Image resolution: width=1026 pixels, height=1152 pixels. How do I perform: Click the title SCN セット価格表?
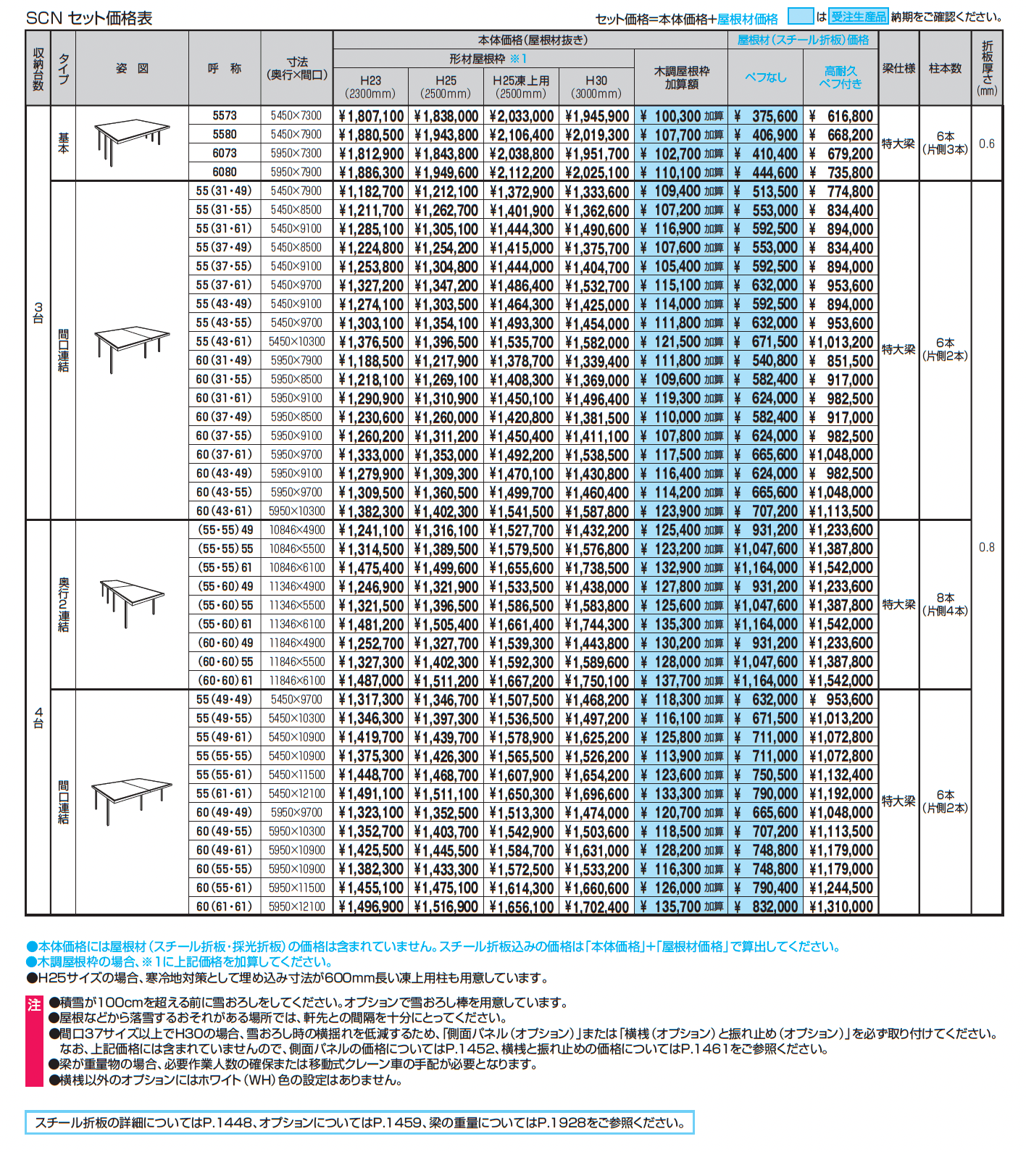tap(89, 18)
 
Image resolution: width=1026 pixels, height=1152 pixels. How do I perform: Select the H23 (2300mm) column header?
tap(370, 86)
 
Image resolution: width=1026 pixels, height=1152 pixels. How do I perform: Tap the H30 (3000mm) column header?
tap(596, 86)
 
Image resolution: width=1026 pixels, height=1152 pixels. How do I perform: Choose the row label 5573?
tap(225, 116)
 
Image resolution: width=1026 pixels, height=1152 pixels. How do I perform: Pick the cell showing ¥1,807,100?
tap(371, 116)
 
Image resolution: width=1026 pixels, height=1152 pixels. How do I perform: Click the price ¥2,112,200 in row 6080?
tap(521, 172)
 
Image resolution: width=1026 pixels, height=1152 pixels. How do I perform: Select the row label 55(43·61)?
tap(224, 342)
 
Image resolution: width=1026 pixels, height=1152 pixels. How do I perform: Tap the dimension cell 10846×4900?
tap(297, 530)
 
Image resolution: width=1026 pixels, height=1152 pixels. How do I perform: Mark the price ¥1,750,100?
tap(596, 681)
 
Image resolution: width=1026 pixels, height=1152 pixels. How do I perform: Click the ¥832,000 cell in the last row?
tap(766, 907)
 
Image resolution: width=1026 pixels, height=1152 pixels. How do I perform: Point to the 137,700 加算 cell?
tap(681, 681)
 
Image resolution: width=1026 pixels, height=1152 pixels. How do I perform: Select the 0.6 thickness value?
tap(987, 143)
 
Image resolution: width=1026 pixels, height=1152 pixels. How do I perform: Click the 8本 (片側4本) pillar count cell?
tap(945, 604)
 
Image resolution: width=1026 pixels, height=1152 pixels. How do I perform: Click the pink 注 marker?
tap(34, 1005)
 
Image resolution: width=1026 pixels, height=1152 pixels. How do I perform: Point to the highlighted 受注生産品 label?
tap(859, 17)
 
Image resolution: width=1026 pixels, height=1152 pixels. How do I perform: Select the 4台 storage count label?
tap(38, 717)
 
